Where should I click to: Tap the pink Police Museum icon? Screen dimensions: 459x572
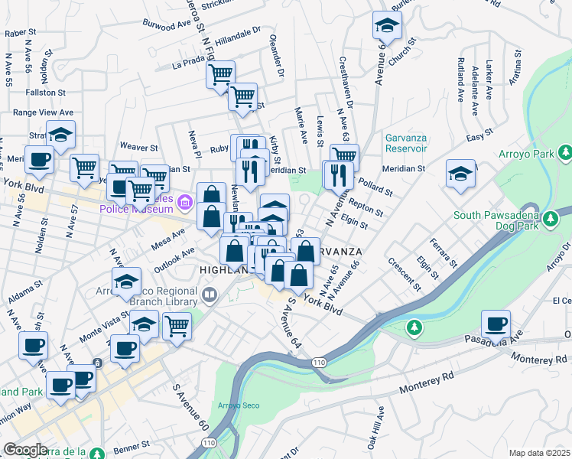pos(184,203)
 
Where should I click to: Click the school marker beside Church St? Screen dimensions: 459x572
pos(388,26)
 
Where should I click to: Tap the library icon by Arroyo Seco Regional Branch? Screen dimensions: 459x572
pos(209,294)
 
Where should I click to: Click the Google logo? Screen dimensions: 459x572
pos(25,450)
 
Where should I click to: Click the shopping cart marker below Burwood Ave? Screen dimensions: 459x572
pos(221,75)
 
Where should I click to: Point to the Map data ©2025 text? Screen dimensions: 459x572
pos(539,453)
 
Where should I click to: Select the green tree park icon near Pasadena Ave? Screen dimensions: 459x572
pos(414,327)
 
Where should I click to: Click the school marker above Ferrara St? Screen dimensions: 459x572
pos(460,174)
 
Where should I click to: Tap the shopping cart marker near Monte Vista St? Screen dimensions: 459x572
pos(177,326)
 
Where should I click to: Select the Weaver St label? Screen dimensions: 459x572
pos(138,147)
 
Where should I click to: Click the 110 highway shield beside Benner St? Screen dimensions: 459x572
pos(209,443)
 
